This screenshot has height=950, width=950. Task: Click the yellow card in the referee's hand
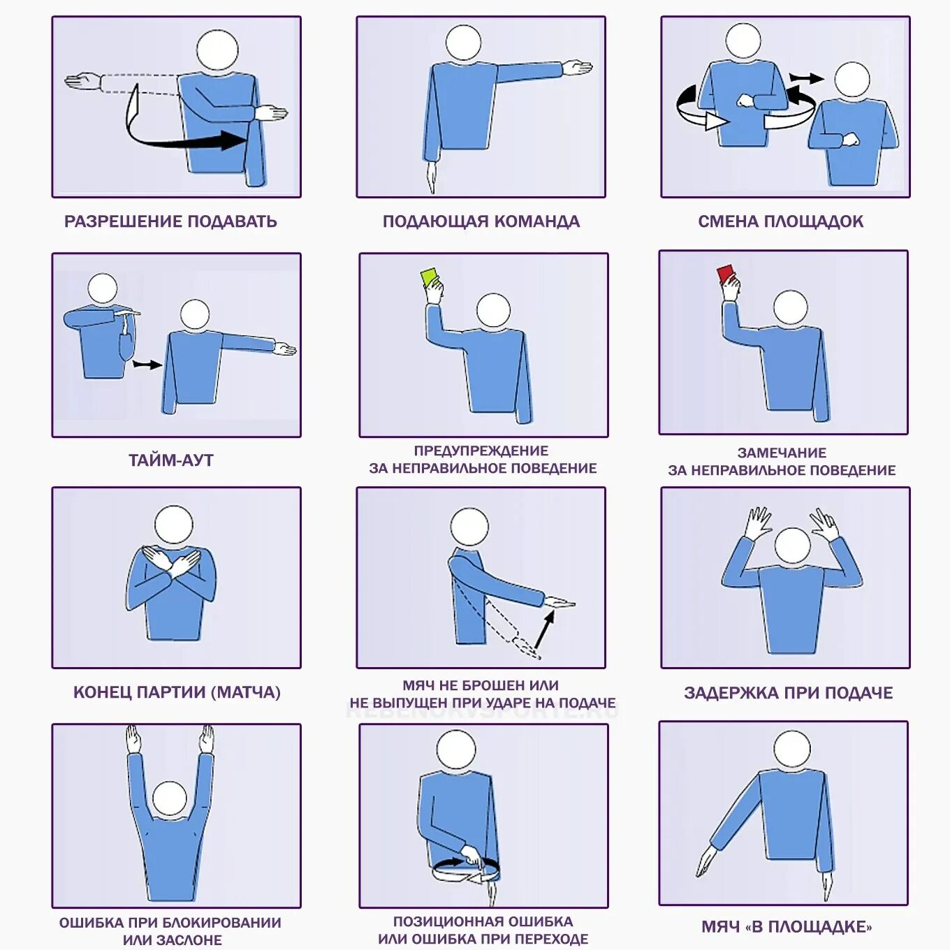[x=430, y=277]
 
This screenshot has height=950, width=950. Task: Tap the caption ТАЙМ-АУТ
[x=171, y=460]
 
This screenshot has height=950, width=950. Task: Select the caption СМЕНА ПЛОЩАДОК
[x=781, y=221]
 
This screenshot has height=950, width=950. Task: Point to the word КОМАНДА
[x=537, y=221]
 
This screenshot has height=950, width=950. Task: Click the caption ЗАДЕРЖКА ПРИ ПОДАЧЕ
[x=789, y=693]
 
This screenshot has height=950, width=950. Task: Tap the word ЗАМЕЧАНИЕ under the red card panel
[x=782, y=453]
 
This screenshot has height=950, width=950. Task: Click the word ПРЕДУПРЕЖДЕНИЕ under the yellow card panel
[x=482, y=451]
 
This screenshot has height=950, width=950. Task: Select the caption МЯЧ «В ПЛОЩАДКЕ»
[x=787, y=927]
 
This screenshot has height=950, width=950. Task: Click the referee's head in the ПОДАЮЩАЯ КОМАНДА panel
[x=463, y=43]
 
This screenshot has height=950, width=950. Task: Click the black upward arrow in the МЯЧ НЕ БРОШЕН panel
[x=543, y=629]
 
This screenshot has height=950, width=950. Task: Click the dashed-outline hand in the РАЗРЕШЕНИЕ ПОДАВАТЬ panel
[x=83, y=81]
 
